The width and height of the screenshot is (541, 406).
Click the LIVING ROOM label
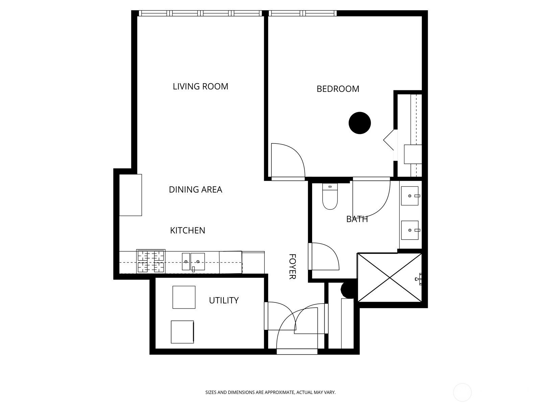[201, 87]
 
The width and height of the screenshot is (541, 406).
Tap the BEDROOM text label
[338, 89]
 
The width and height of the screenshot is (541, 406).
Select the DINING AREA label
[195, 190]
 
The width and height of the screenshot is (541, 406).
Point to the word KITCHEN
[187, 230]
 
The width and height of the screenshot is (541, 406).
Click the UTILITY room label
[224, 300]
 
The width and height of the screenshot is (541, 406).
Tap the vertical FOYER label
[292, 267]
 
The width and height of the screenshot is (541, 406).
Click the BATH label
[357, 219]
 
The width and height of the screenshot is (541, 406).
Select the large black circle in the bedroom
[360, 123]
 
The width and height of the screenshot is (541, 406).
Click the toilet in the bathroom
[330, 198]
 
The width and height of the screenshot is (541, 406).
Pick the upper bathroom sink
[410, 196]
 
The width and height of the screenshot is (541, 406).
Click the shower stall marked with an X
[390, 278]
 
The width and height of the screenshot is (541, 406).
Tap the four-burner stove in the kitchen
[151, 262]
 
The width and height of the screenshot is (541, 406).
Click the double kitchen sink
[193, 262]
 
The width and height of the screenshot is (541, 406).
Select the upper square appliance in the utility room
[184, 297]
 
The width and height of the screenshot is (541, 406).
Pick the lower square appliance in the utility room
[182, 332]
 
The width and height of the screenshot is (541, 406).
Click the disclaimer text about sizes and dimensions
[270, 392]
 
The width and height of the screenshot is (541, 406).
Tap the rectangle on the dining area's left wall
[131, 195]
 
